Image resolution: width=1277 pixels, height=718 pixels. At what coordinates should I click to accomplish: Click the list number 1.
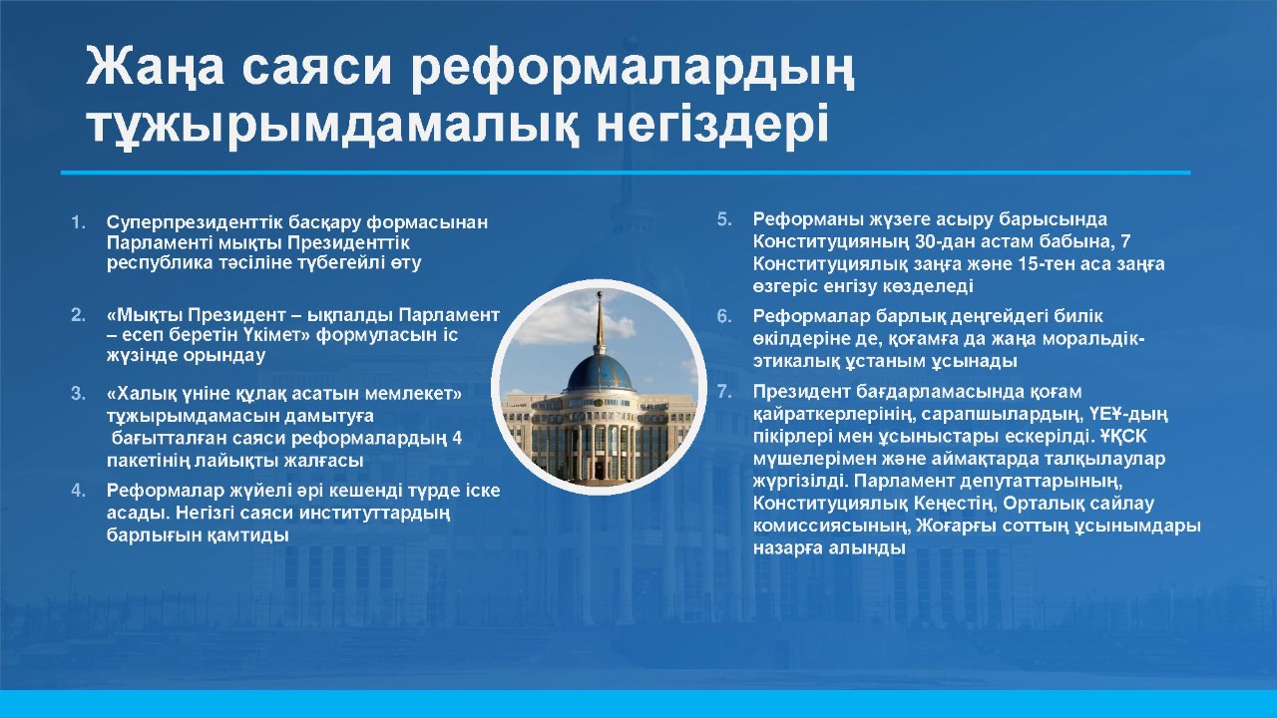[x=78, y=222]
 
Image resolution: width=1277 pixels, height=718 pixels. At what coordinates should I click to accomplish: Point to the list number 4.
[x=78, y=490]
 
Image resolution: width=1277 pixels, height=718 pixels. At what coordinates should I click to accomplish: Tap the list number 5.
[x=724, y=220]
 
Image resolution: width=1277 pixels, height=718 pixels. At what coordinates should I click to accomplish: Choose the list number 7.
[x=724, y=392]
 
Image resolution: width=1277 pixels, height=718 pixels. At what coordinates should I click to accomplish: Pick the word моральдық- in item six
[x=1088, y=339]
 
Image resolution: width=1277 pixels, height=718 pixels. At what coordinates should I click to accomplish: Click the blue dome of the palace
[x=600, y=373]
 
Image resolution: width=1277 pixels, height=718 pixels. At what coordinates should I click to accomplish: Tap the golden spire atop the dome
[x=600, y=322]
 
